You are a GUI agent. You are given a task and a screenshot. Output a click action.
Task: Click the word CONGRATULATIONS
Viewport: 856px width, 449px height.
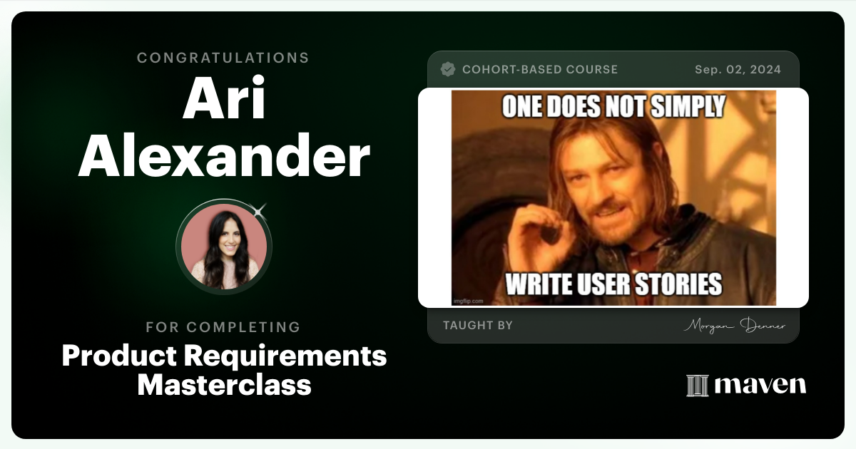tap(223, 58)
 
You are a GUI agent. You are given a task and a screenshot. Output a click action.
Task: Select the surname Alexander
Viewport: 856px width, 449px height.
tap(223, 157)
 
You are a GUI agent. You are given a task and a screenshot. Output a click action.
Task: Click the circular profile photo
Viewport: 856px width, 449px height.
tap(224, 246)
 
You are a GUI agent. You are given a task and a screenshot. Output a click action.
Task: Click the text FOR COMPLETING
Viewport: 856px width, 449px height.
tap(223, 327)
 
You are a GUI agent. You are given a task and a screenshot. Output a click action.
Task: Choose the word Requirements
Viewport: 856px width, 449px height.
tap(274, 355)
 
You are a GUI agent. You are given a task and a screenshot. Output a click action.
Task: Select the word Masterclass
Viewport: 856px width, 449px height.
tap(224, 385)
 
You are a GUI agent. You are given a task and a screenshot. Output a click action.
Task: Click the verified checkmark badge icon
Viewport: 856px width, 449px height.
tap(448, 69)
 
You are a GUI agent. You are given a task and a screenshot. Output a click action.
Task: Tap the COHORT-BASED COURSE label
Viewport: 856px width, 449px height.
tap(540, 70)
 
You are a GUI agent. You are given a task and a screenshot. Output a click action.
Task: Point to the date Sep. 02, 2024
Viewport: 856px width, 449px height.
tap(738, 70)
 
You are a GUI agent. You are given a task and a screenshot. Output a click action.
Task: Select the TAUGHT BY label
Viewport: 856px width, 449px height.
tap(478, 326)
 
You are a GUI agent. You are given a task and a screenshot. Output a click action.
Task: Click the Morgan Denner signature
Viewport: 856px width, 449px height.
tap(735, 326)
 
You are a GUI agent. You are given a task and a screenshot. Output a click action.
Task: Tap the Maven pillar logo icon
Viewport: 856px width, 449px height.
tap(696, 386)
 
